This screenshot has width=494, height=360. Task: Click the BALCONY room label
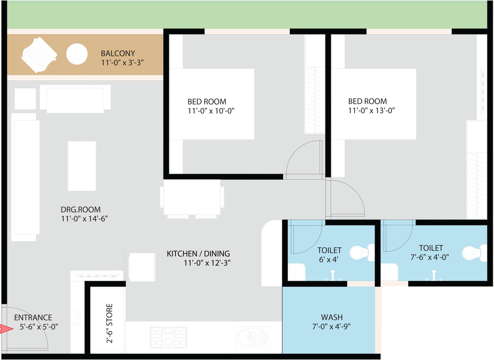tap(118, 54)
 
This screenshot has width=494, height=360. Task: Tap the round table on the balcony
tap(77, 54)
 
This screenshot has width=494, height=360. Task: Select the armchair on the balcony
tap(39, 55)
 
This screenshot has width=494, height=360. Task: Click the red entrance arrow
tap(6, 329)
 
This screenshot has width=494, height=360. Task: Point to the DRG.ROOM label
tap(81, 209)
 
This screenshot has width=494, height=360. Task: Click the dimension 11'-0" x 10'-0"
tap(211, 111)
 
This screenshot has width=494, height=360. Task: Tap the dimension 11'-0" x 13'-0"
tap(372, 110)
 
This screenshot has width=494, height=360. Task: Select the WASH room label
tap(332, 317)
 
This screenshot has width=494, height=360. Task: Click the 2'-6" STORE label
tap(109, 323)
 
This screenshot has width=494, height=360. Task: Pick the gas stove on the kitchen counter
tap(169, 337)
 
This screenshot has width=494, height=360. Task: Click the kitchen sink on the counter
tap(253, 337)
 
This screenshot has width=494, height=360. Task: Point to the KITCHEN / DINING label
tap(198, 254)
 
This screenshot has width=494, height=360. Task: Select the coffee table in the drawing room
tap(82, 166)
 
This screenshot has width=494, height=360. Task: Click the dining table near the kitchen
tap(192, 197)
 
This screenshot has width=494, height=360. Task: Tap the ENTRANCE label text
tap(33, 318)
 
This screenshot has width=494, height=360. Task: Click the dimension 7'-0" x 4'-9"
tap(331, 326)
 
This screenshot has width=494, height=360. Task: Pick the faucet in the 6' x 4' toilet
tap(333, 275)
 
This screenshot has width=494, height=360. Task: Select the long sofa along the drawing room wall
tap(25, 177)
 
